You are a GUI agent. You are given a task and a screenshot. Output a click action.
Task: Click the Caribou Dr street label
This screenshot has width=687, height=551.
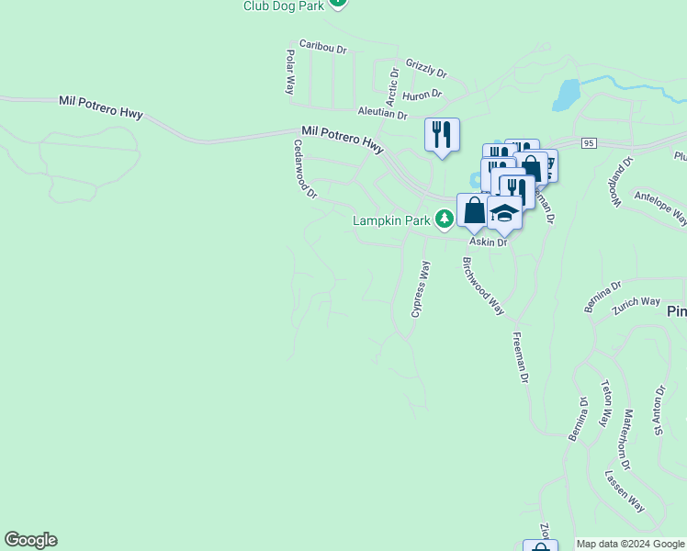click(x=322, y=48)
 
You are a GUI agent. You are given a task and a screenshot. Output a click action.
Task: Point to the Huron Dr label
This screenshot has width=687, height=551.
click(x=422, y=94)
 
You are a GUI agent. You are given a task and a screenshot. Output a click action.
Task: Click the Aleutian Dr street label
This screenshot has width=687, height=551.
click(x=382, y=112)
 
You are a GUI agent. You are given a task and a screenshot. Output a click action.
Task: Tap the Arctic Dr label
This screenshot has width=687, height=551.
click(x=392, y=84)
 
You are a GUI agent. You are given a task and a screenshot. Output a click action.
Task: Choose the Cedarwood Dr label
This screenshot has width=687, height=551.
click(x=305, y=169)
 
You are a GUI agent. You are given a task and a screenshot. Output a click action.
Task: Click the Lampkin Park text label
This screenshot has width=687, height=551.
click(x=394, y=220)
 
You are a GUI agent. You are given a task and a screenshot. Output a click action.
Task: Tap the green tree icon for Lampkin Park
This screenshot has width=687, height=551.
click(x=445, y=219)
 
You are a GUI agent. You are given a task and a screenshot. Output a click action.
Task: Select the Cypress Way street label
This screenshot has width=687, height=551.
click(x=421, y=289)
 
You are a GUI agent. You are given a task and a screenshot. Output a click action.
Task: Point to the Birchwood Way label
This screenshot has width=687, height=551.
click(x=483, y=286)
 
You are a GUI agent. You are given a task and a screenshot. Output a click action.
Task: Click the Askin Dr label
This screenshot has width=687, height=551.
click(x=488, y=242)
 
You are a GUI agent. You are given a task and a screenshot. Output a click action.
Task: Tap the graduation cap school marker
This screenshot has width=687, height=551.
click(x=504, y=212)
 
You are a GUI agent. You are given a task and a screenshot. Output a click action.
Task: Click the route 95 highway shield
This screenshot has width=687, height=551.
click(x=589, y=142)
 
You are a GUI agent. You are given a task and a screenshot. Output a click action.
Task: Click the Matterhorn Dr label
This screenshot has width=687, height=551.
click(x=625, y=440)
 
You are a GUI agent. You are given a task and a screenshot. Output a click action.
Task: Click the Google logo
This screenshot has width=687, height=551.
click(x=30, y=540)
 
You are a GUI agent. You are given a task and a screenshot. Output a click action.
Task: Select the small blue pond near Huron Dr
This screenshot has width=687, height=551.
click(x=568, y=93)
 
